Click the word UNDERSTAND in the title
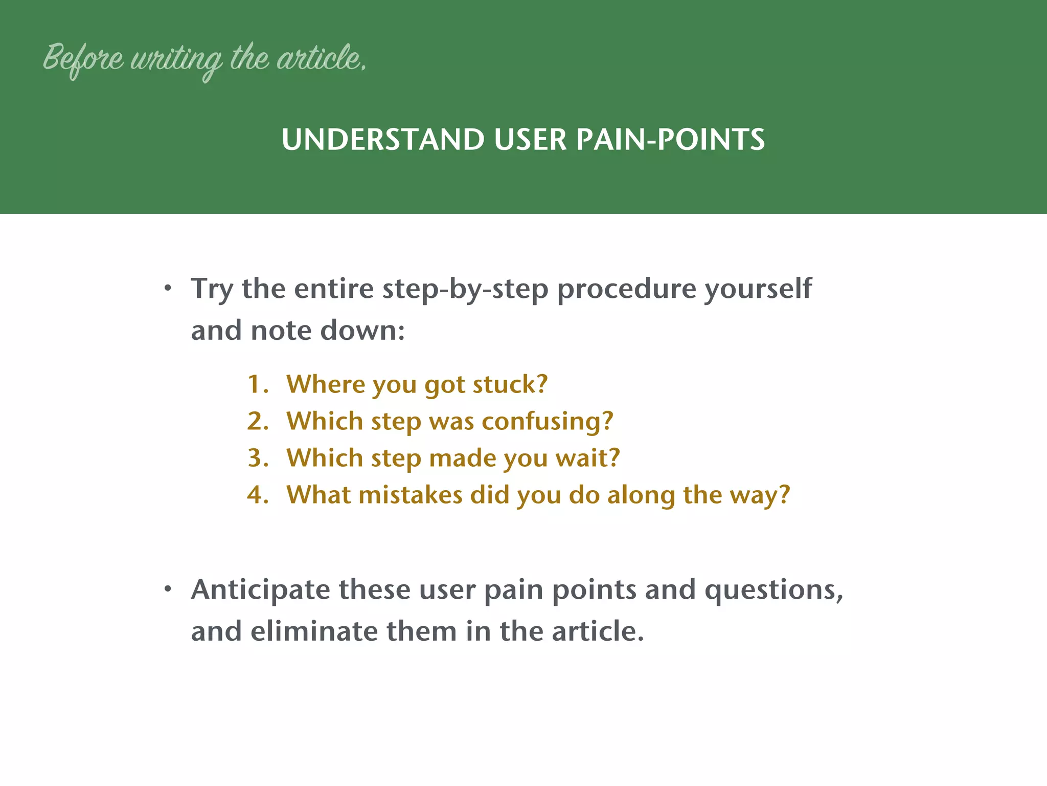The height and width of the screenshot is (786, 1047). click(x=382, y=139)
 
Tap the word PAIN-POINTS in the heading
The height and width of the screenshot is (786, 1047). click(x=670, y=139)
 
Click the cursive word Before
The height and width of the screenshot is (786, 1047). click(x=83, y=59)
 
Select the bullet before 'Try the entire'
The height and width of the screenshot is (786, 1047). click(x=168, y=289)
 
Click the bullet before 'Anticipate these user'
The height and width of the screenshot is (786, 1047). click(x=168, y=590)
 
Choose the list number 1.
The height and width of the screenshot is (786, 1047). click(x=257, y=384)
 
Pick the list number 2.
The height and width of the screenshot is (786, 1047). click(x=257, y=421)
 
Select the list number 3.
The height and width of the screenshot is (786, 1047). click(x=257, y=458)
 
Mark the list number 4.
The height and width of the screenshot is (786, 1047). click(x=257, y=495)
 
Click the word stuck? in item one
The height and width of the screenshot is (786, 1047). click(x=510, y=384)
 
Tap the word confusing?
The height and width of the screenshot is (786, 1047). click(x=547, y=422)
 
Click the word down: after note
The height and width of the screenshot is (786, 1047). click(x=362, y=331)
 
